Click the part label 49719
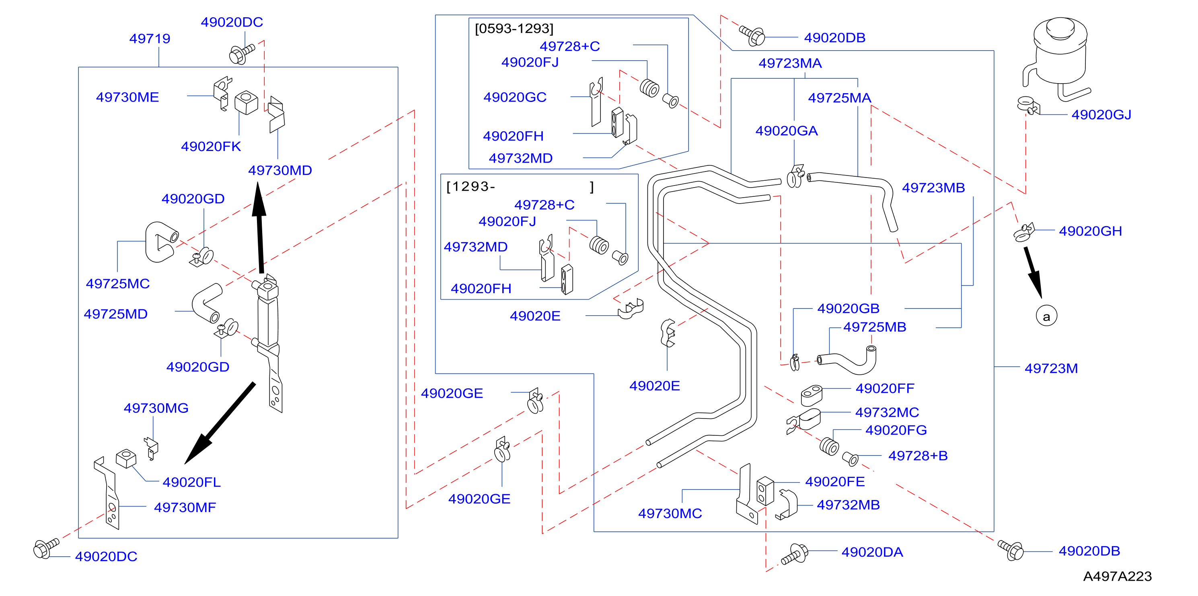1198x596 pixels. click(150, 39)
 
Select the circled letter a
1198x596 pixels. click(1046, 316)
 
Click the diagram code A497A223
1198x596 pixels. click(1117, 576)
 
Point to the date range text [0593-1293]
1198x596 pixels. click(514, 29)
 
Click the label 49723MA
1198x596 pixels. click(790, 63)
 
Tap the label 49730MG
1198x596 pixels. click(156, 408)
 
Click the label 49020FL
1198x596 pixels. click(191, 482)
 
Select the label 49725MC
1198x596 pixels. click(118, 284)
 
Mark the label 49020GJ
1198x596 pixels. click(1101, 115)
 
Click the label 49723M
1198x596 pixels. click(1051, 368)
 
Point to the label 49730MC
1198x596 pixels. click(670, 513)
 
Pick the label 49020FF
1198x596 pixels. click(885, 388)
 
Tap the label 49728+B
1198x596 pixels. click(918, 456)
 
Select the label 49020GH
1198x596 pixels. click(1090, 231)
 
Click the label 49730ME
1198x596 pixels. click(127, 97)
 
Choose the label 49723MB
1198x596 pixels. click(933, 188)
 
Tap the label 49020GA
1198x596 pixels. click(787, 131)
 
